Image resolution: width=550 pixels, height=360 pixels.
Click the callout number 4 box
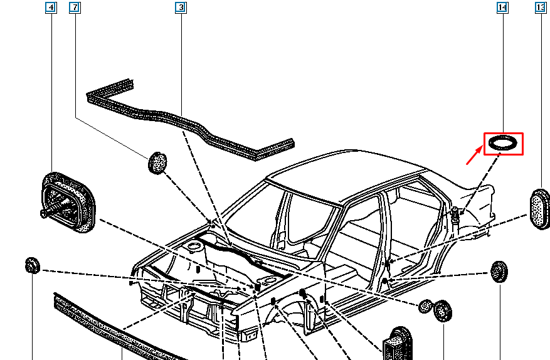tap(51, 8)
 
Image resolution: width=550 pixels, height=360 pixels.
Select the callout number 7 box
tap(75, 8)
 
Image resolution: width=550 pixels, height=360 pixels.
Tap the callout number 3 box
tap(181, 8)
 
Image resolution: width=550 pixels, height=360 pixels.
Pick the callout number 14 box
tap(502, 8)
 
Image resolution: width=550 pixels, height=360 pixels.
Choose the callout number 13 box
tap(540, 8)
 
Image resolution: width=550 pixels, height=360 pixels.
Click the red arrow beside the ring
tap(474, 154)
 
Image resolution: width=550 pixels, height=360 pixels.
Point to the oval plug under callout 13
tap(539, 208)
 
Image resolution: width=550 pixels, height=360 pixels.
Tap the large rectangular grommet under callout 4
tap(68, 201)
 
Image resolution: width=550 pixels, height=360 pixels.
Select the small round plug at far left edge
tap(31, 265)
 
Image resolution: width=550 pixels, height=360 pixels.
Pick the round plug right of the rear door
tap(498, 272)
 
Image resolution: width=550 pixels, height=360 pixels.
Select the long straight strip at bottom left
tap(113, 329)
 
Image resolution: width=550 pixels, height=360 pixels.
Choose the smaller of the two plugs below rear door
tap(426, 305)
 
